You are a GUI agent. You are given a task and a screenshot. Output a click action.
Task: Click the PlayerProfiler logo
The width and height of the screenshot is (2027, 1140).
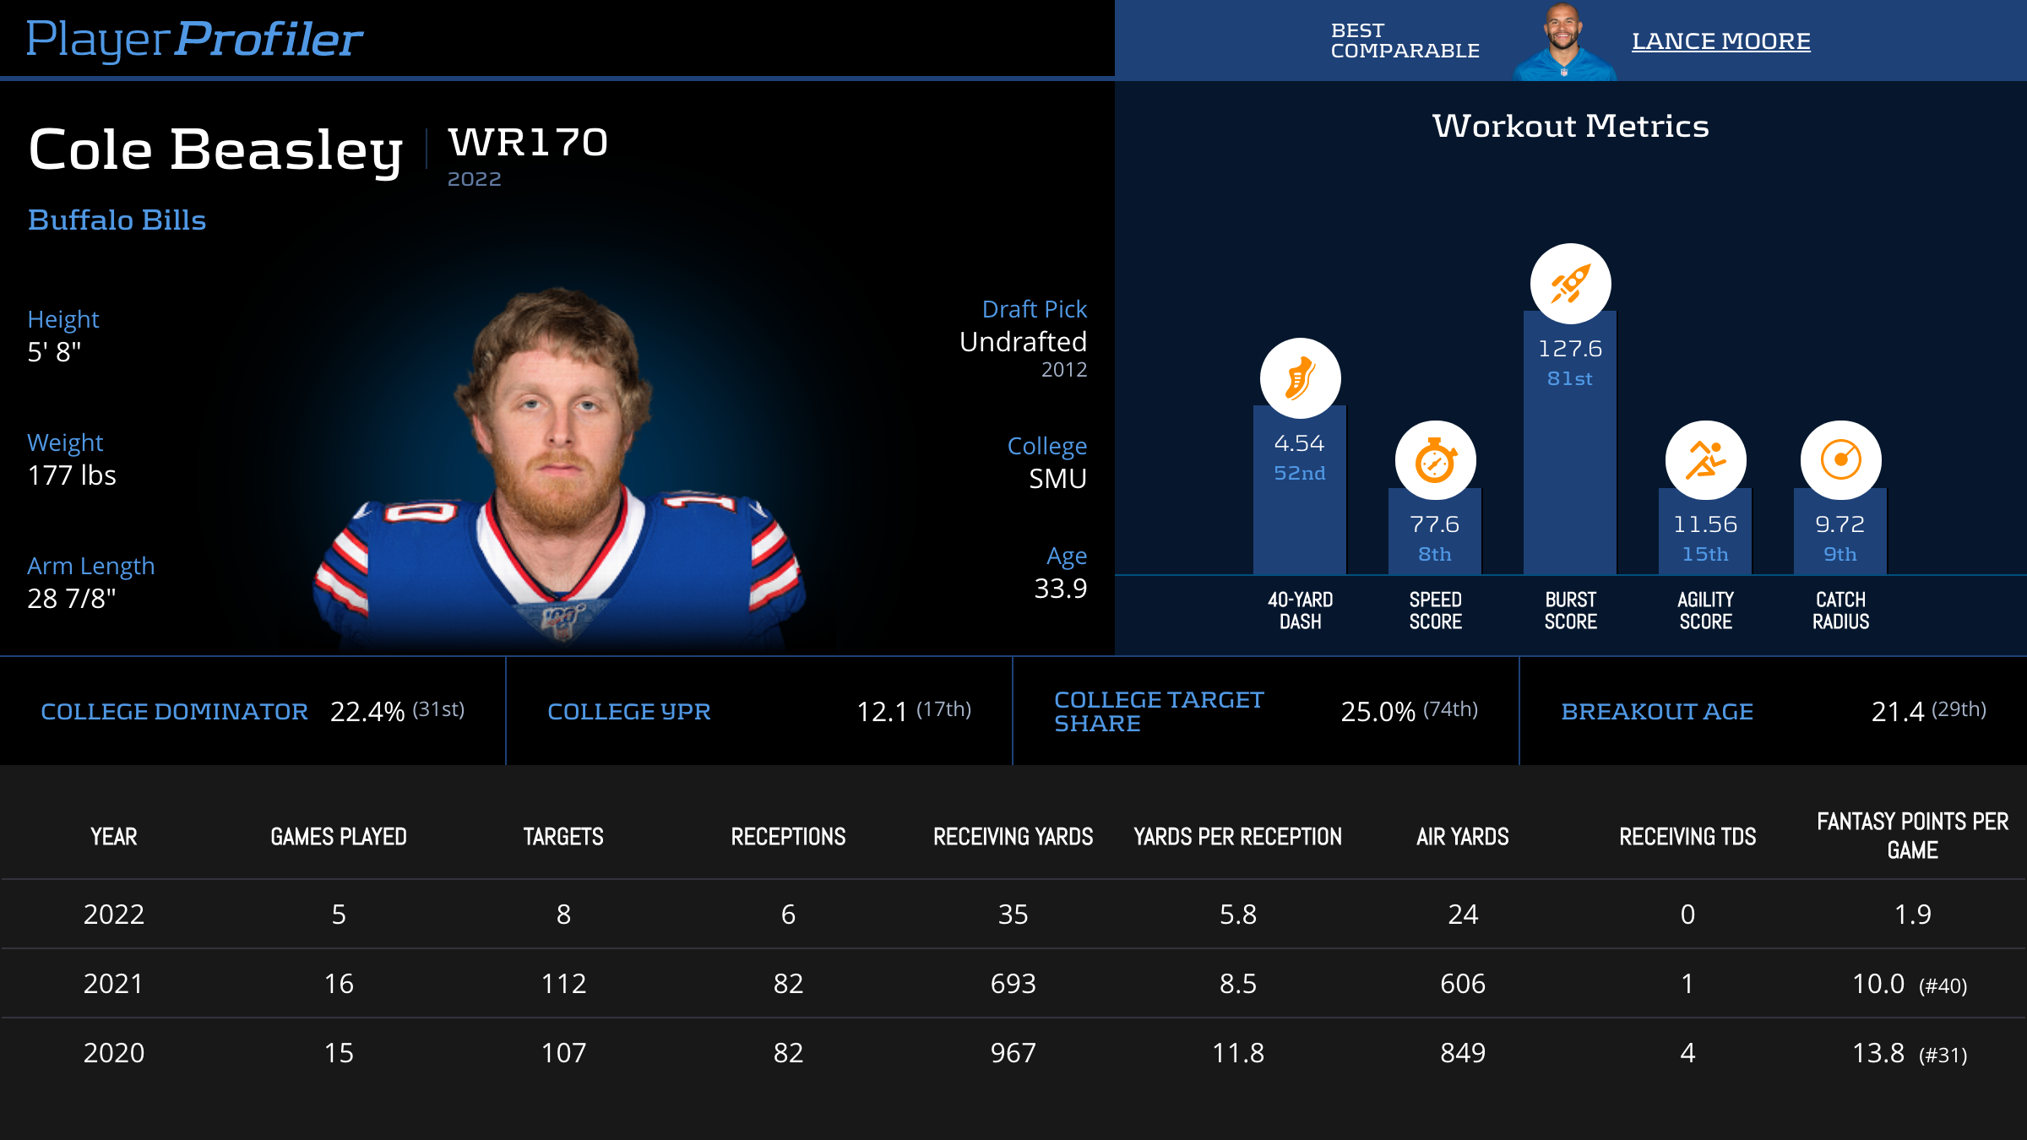(194, 40)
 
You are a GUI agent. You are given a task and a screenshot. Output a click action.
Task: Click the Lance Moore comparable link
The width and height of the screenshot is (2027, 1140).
(1720, 41)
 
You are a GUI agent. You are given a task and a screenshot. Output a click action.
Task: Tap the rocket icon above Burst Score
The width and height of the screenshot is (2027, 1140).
(1570, 284)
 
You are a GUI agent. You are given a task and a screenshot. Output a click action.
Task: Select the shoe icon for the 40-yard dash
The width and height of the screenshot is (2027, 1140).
(1300, 378)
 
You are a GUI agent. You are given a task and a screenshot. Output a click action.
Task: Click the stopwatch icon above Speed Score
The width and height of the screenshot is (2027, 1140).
(1435, 461)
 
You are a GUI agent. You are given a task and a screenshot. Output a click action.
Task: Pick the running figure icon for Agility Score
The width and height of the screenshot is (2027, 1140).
(1705, 461)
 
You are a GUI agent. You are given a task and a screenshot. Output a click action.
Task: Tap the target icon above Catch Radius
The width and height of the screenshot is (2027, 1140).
(1840, 461)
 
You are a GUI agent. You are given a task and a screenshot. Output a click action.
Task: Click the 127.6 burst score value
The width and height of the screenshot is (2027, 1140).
(1569, 349)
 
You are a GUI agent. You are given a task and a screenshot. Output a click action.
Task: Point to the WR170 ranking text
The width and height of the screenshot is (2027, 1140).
(528, 143)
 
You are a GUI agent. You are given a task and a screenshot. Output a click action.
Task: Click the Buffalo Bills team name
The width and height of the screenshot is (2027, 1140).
(117, 220)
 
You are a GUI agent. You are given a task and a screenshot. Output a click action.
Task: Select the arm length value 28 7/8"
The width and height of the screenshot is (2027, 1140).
(72, 599)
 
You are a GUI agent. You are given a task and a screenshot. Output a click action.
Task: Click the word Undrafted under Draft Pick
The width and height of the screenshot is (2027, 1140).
(1023, 342)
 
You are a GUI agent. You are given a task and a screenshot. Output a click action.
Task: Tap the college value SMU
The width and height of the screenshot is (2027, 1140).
(1057, 479)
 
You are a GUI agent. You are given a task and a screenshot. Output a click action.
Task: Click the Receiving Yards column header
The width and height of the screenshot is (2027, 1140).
(1013, 837)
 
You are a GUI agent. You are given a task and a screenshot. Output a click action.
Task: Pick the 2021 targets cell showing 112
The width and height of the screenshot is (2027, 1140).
(563, 984)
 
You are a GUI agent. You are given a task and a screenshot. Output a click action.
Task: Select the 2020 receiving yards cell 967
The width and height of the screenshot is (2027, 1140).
(1013, 1053)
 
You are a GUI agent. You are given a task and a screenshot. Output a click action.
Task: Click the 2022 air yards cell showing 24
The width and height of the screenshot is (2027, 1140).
(1463, 915)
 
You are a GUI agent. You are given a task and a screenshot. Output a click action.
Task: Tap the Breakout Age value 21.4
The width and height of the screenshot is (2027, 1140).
(1897, 712)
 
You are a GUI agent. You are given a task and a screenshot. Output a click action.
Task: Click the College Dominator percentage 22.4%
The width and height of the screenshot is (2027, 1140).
(367, 712)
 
